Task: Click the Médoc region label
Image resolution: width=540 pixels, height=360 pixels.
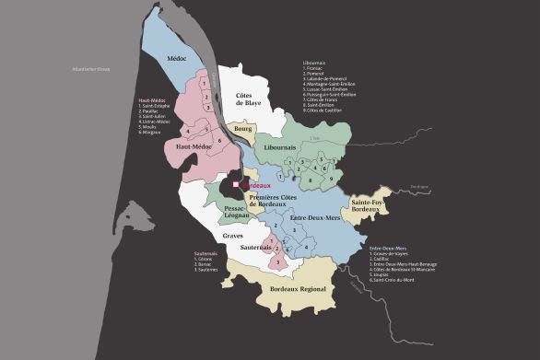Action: click(177, 59)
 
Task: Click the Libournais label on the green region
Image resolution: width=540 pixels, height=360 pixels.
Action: click(279, 146)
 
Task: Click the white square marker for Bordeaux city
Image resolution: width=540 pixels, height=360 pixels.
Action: click(236, 185)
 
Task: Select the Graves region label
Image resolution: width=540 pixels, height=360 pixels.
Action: click(233, 235)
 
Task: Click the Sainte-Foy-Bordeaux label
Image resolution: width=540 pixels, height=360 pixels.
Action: click(368, 207)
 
